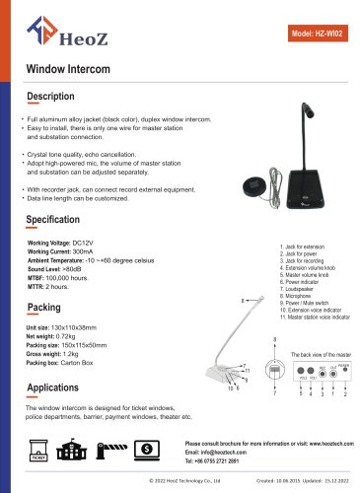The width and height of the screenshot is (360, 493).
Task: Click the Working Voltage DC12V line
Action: pos(59,243)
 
